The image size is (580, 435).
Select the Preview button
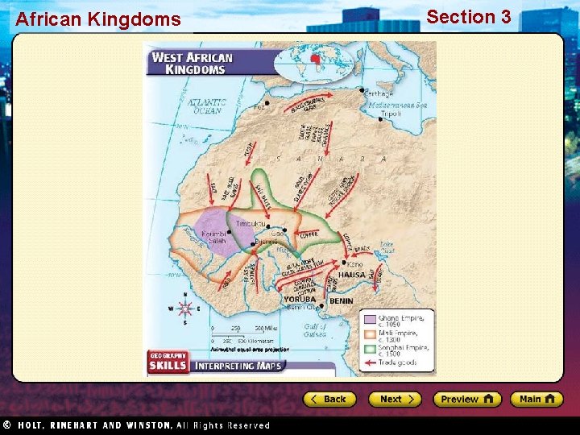466,399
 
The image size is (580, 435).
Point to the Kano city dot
346,263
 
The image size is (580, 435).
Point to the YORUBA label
300,300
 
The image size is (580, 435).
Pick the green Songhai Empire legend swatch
370,350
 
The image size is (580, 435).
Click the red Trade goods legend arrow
370,364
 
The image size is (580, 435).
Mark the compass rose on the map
184,309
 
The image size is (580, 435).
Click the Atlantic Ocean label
207,106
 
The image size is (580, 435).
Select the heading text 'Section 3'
468,17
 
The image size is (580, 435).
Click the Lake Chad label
387,246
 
